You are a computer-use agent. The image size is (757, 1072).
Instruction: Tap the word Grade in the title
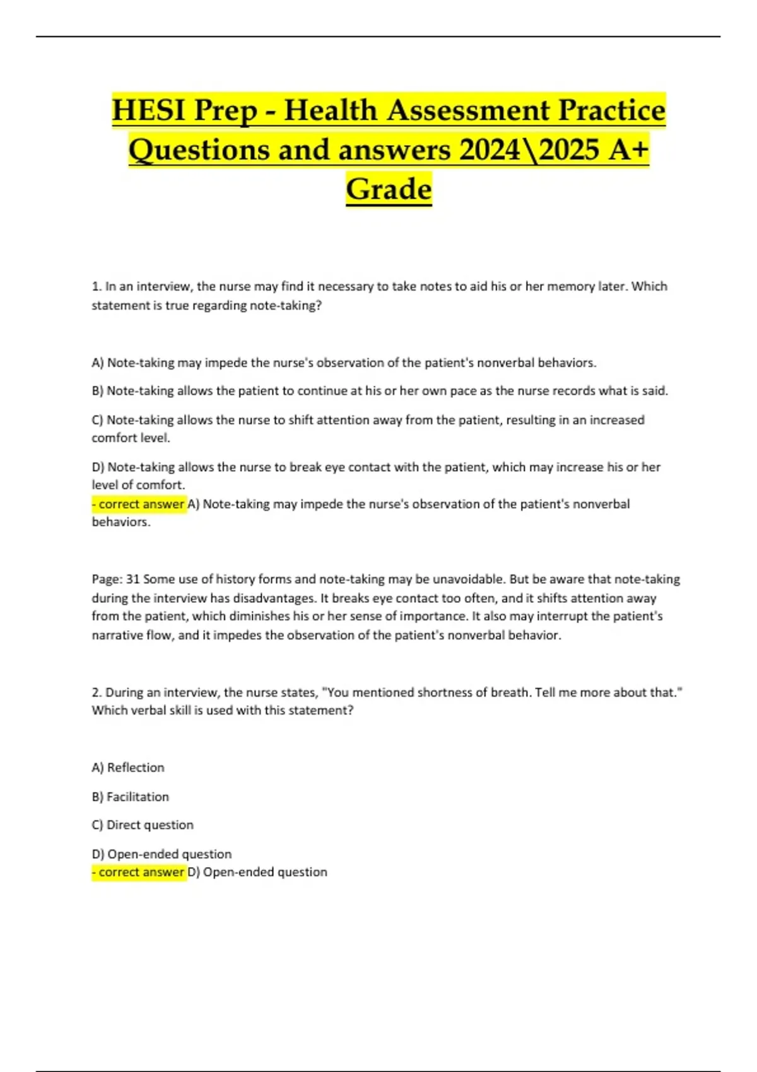(389, 189)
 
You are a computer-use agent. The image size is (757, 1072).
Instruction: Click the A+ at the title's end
(629, 149)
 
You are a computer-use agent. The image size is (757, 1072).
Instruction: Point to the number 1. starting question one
(97, 286)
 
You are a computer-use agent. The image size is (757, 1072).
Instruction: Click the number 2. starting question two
(97, 692)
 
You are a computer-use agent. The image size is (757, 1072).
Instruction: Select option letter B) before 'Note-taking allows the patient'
(98, 391)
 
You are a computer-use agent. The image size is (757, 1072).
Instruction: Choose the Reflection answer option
(135, 767)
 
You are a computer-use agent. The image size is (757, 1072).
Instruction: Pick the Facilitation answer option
(138, 796)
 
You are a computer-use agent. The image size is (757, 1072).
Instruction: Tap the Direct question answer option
(150, 825)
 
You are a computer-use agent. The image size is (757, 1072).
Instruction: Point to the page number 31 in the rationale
(133, 579)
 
